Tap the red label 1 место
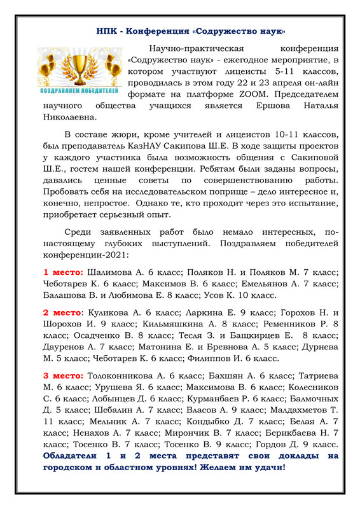(x=60, y=272)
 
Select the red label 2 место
(x=61, y=313)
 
